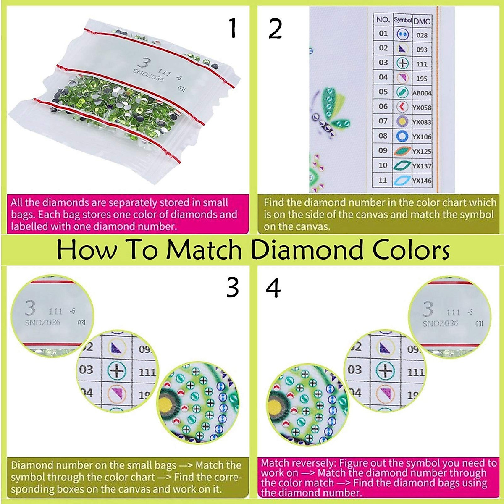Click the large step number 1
click(x=233, y=28)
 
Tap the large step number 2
click(x=275, y=29)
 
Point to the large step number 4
click(x=273, y=289)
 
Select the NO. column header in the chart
click(x=383, y=20)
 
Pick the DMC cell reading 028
click(x=422, y=35)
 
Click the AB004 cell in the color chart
click(x=422, y=93)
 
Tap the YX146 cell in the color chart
click(x=422, y=181)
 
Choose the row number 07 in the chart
click(x=383, y=121)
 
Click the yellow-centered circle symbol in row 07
click(x=402, y=121)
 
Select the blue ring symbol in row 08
click(x=402, y=136)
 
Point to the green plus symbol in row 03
click(x=402, y=63)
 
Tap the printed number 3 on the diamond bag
click(x=144, y=63)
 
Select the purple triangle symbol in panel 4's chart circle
click(x=384, y=347)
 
